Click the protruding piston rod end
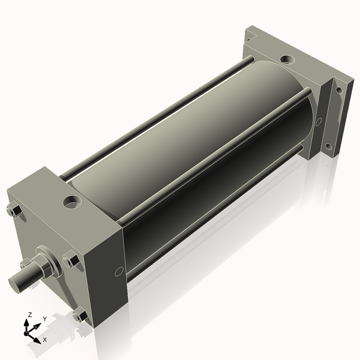[21, 280]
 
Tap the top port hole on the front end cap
[73, 202]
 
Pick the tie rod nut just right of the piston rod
[70, 260]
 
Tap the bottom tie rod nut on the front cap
[79, 314]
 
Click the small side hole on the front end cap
[119, 271]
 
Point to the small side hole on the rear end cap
[318, 121]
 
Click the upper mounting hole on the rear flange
[338, 91]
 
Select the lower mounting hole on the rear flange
[328, 146]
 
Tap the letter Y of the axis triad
[44, 319]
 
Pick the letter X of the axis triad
[44, 340]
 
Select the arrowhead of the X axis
[38, 337]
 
